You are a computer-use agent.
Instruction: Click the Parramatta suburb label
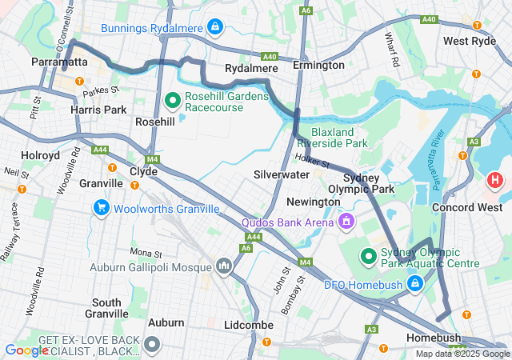[59, 62]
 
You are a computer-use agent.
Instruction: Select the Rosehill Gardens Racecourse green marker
[172, 101]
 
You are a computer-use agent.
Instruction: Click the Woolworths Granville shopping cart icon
[101, 209]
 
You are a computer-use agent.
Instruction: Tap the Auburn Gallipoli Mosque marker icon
[223, 266]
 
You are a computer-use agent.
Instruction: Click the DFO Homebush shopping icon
[414, 282]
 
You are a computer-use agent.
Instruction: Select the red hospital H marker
[495, 180]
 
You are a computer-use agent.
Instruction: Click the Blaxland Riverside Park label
[339, 137]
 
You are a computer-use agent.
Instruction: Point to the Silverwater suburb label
[281, 174]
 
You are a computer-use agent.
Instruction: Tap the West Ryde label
[470, 42]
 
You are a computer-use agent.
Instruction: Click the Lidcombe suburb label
[249, 326]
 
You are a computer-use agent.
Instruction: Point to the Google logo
[26, 350]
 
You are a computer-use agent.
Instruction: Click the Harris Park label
[98, 109]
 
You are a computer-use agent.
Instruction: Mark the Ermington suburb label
[318, 65]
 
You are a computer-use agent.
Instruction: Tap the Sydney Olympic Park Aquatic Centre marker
[369, 256]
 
